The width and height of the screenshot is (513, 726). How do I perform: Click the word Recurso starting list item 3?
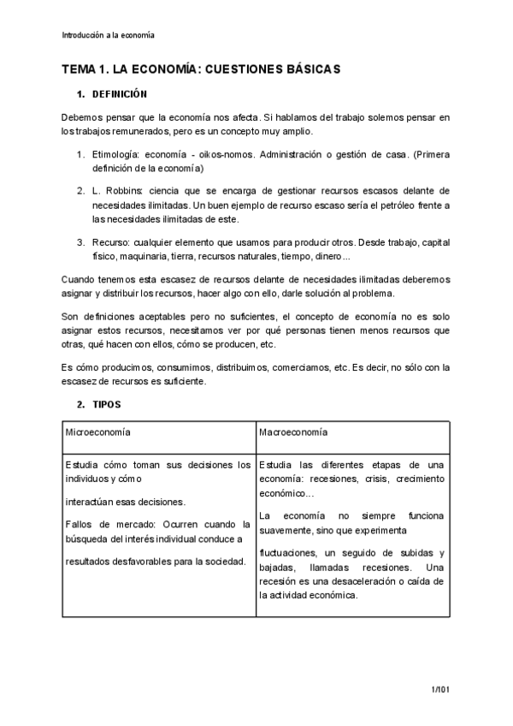[110, 242]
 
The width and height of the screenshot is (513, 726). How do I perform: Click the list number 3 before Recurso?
[80, 242]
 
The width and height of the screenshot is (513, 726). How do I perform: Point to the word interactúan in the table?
[91, 502]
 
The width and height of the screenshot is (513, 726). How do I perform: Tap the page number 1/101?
[440, 688]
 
